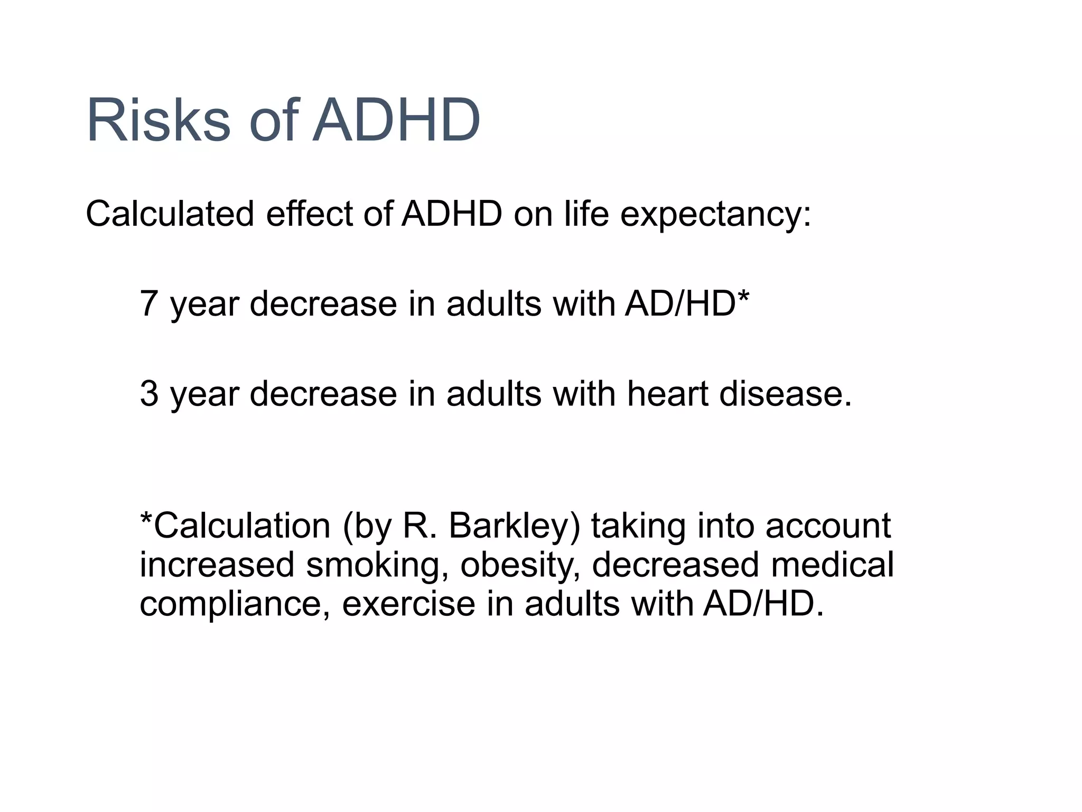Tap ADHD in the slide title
[x=396, y=121]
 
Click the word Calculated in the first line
[x=170, y=214]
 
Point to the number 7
[x=149, y=304]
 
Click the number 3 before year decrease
[x=149, y=394]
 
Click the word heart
[x=667, y=394]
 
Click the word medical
[x=832, y=564]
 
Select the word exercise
[x=408, y=603]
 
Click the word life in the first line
[x=586, y=214]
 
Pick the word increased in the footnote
[x=217, y=564]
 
